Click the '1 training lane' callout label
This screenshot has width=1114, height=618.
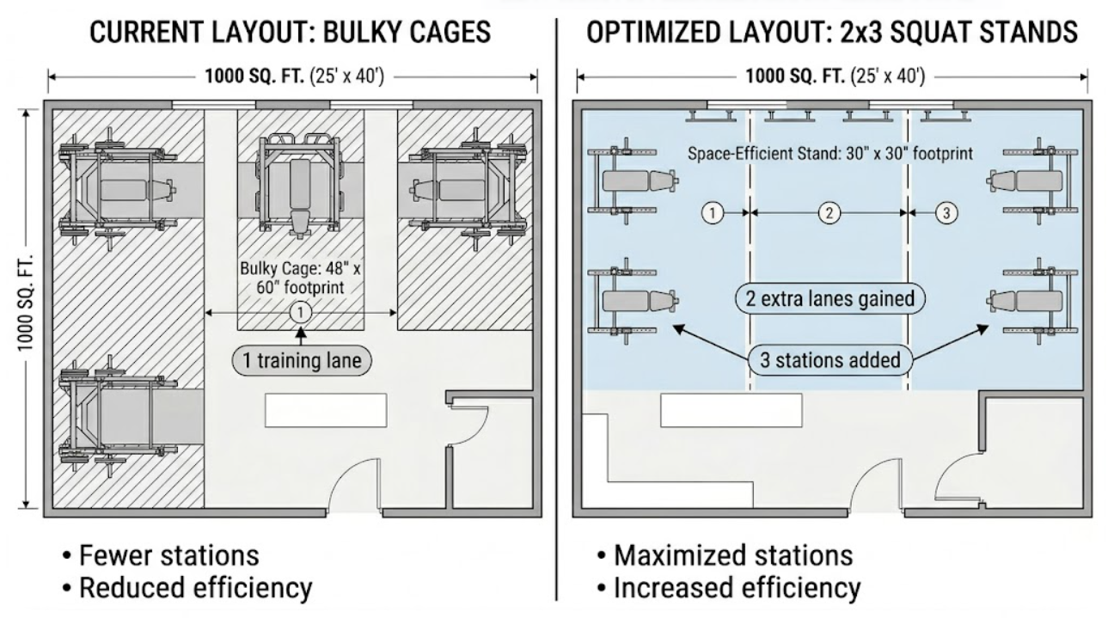[x=302, y=360]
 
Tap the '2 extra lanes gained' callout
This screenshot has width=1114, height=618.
[x=829, y=299]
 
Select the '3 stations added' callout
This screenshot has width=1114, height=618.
[x=830, y=360]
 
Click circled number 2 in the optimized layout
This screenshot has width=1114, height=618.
[x=829, y=213]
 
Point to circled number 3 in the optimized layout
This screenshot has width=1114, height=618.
[x=946, y=213]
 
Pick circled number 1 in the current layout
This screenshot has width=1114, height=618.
[x=300, y=313]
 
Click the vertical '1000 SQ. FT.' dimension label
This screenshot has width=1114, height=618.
[x=26, y=303]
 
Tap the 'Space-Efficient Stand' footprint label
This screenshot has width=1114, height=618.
[x=830, y=154]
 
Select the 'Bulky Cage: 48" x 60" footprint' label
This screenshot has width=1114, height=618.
[x=300, y=278]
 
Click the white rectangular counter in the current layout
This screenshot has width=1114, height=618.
[x=326, y=410]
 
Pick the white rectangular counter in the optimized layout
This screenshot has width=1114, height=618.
[x=731, y=410]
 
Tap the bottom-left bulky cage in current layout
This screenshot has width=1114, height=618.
[x=119, y=416]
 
